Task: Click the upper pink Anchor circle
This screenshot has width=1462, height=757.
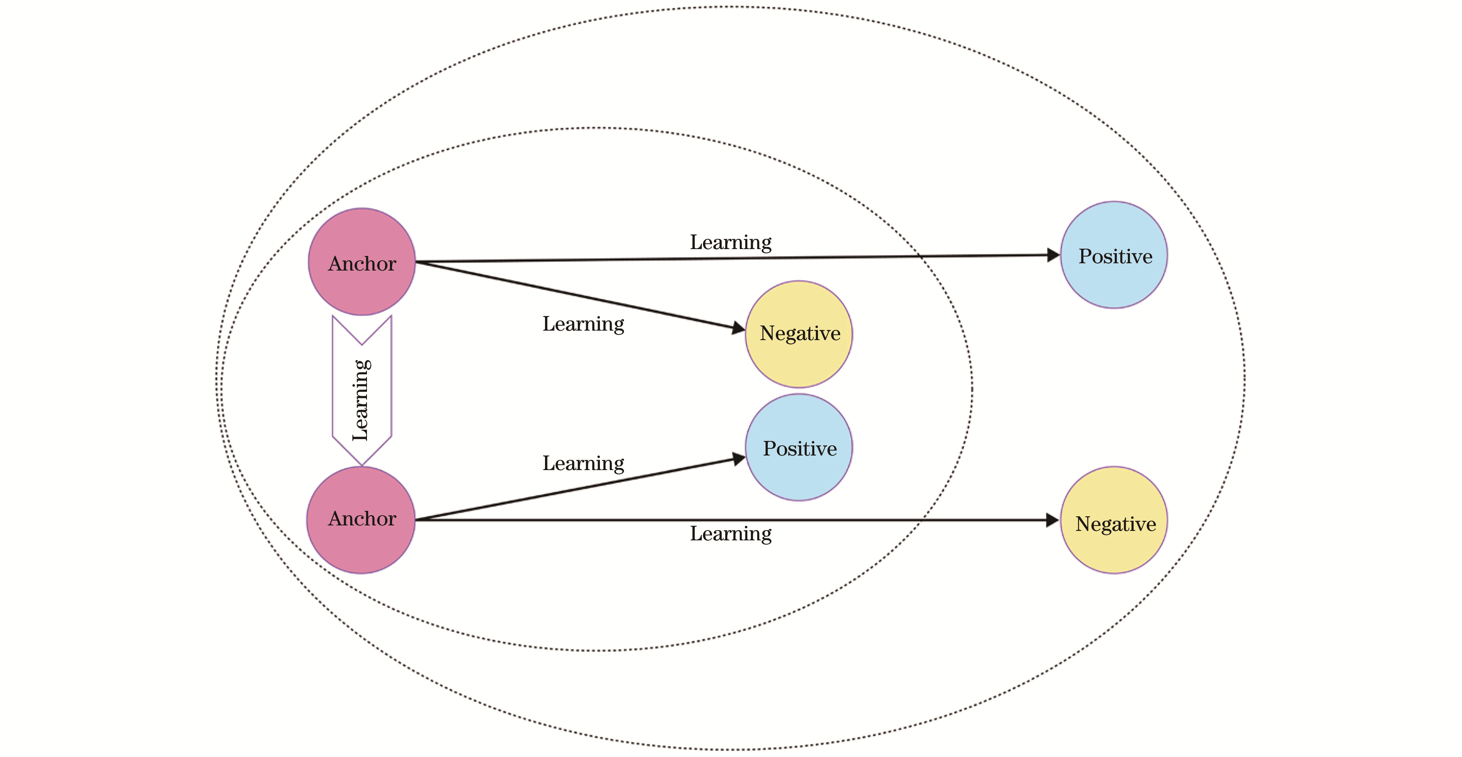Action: (x=361, y=261)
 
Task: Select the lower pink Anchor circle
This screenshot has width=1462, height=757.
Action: (x=361, y=520)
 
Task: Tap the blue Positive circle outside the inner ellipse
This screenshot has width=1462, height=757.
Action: (x=1114, y=255)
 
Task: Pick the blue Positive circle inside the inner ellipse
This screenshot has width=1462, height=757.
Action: (x=799, y=447)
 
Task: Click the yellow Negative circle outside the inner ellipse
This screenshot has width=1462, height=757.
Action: (x=1114, y=520)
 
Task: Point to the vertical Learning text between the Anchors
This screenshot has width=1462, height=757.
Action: (x=361, y=400)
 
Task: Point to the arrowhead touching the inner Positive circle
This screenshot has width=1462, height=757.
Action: (x=738, y=458)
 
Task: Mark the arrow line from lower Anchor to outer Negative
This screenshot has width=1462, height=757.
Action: (x=737, y=520)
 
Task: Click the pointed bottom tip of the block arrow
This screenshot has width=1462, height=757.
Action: (x=361, y=465)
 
